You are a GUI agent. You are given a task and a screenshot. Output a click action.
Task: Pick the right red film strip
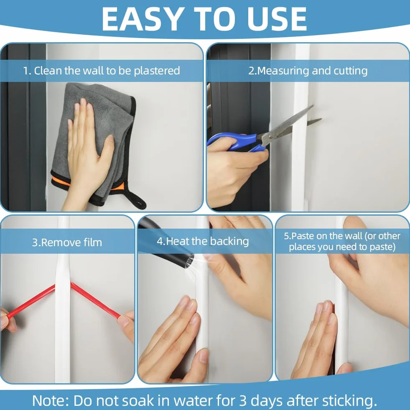point(96,300)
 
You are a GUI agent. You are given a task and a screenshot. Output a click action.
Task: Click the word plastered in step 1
point(157,71)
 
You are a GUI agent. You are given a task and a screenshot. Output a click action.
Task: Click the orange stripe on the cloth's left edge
point(61,181)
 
